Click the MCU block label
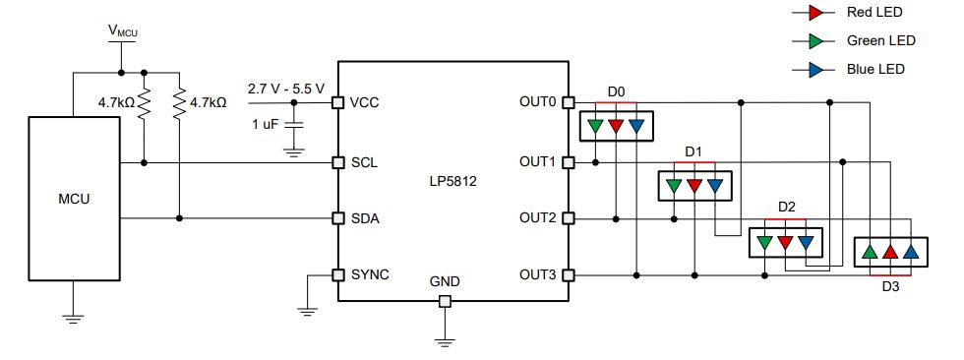[74, 200]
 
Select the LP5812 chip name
[452, 181]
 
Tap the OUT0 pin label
[536, 102]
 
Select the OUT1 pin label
[536, 162]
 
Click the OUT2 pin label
[536, 218]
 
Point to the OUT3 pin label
[536, 275]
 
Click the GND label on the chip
[445, 281]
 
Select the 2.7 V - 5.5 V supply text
[285, 89]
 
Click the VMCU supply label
[122, 31]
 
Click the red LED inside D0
[616, 125]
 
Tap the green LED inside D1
[674, 184]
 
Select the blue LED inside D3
[911, 252]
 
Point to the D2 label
[786, 208]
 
